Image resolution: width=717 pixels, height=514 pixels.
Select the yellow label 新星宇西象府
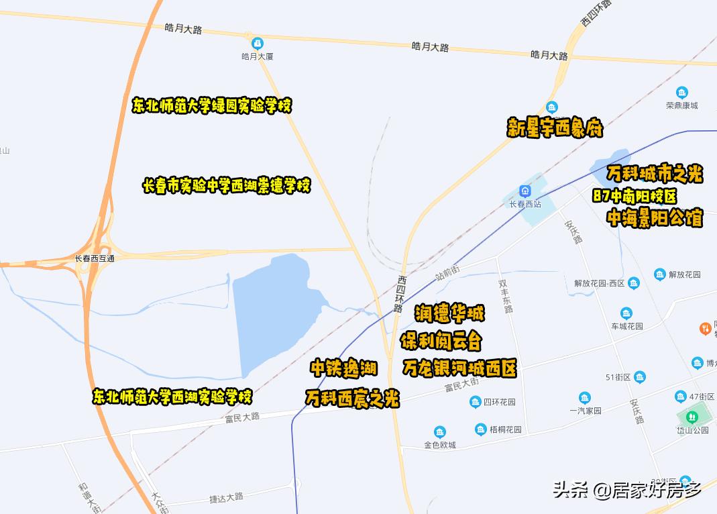click(x=555, y=128)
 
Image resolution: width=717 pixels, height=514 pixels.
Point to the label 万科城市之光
click(x=654, y=174)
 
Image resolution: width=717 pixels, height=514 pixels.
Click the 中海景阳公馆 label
click(x=654, y=218)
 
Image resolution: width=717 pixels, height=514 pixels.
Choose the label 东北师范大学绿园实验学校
click(x=212, y=106)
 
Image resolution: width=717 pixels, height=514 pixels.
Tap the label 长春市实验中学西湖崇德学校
click(x=227, y=186)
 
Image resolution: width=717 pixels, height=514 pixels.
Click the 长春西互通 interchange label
click(x=95, y=258)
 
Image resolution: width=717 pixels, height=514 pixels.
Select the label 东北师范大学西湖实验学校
click(x=172, y=396)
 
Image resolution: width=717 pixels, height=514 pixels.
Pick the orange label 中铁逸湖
click(x=343, y=368)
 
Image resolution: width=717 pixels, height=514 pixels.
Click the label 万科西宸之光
click(x=352, y=399)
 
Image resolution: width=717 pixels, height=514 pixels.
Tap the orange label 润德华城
click(x=449, y=313)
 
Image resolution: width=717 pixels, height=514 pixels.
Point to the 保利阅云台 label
click(x=441, y=341)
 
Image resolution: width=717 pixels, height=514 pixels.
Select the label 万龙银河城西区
click(x=459, y=368)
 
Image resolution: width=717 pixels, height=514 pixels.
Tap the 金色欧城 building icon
click(x=440, y=431)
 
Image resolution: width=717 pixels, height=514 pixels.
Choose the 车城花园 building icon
click(x=626, y=313)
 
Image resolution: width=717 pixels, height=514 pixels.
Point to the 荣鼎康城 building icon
click(x=682, y=93)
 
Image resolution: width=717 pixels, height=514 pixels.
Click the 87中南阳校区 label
click(x=635, y=197)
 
